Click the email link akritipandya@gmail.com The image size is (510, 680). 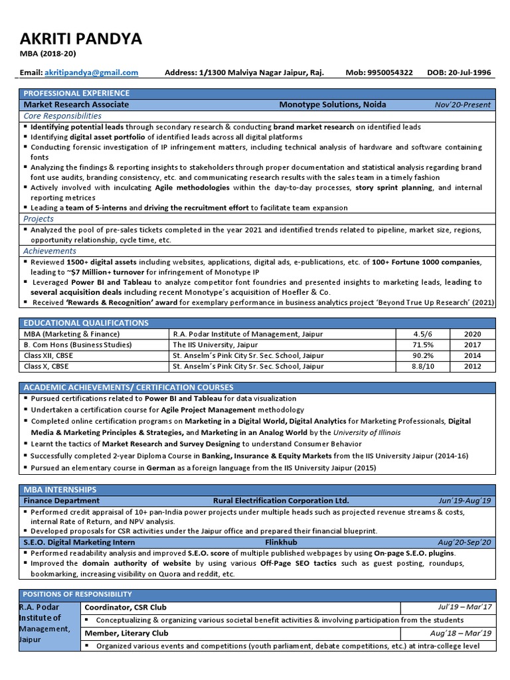(x=92, y=72)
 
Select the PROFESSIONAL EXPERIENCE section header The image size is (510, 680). (x=76, y=93)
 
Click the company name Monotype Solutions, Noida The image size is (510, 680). (x=332, y=104)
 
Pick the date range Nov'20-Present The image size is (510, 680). (x=463, y=104)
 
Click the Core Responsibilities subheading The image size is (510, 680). (x=62, y=116)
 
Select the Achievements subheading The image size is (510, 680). (x=50, y=251)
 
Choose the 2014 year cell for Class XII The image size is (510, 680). (x=473, y=355)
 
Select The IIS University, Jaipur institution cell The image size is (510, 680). (x=214, y=345)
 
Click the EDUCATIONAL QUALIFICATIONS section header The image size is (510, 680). (x=86, y=323)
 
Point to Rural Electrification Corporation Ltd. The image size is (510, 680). (x=280, y=500)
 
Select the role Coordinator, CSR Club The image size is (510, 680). (x=125, y=607)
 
